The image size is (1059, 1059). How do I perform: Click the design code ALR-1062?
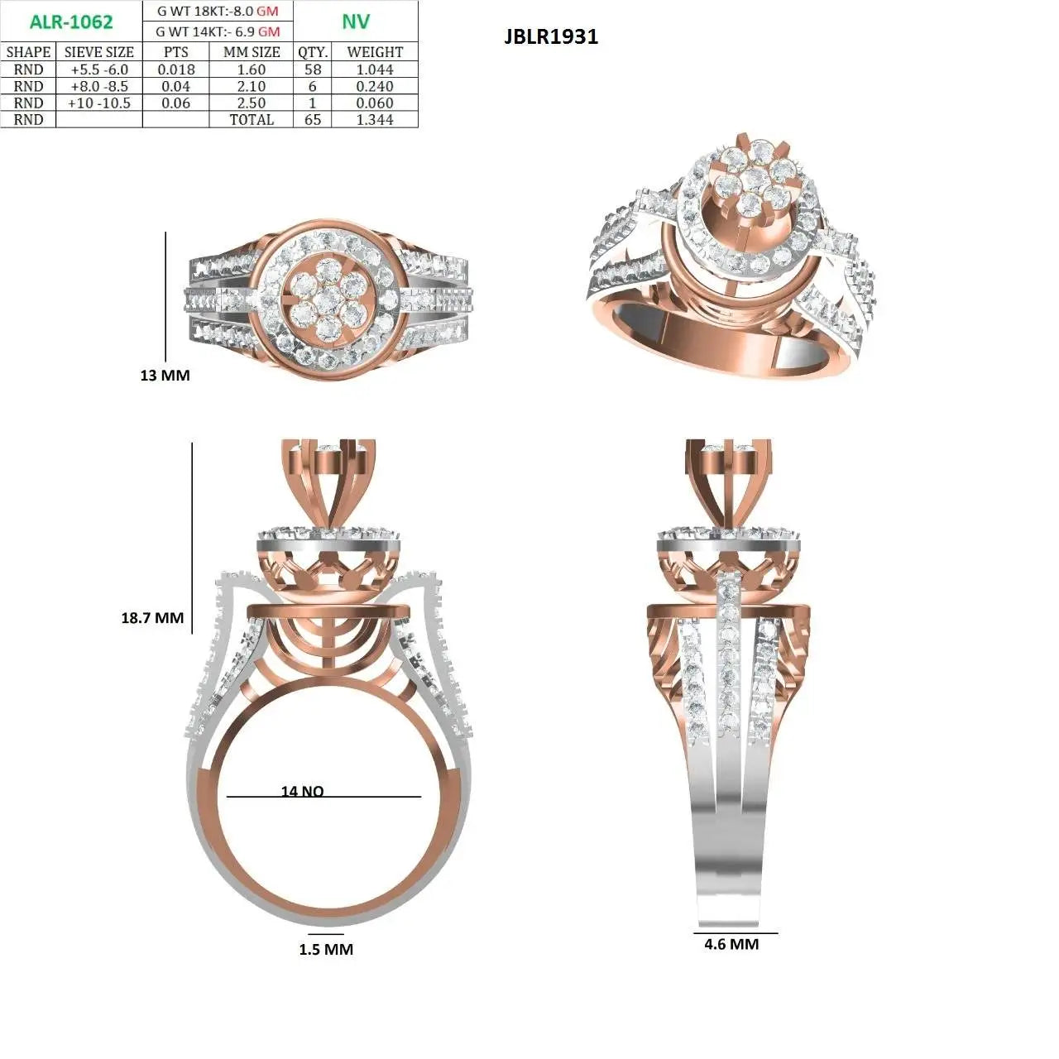71,22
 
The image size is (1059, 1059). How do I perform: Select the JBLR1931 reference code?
551,37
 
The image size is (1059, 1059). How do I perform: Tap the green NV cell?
356,22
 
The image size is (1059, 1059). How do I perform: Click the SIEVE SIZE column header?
99,52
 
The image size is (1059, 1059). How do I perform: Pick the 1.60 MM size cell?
252,69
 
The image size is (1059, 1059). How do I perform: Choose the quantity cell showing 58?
313,69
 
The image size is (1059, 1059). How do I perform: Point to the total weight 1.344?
375,120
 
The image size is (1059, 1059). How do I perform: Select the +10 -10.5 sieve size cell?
99,103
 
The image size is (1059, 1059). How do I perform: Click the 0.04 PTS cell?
176,87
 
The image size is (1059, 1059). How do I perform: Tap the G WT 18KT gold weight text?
218,11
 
